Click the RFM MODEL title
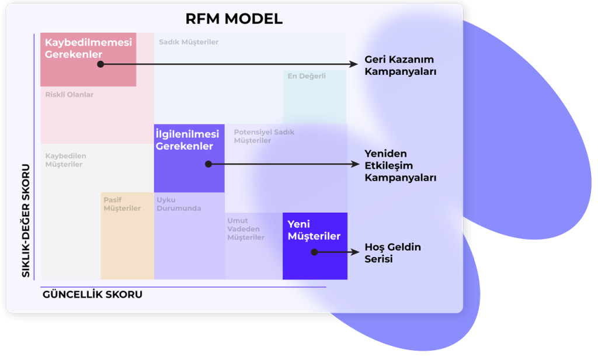click(234, 19)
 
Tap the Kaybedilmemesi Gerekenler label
click(88, 49)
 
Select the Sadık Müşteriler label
click(189, 42)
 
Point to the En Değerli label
click(306, 76)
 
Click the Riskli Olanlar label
click(69, 95)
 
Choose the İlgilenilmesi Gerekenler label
click(187, 140)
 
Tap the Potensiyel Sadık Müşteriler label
click(264, 136)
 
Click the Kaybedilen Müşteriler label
click(65, 160)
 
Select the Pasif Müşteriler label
click(122, 204)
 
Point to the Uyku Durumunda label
click(179, 204)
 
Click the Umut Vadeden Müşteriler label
click(246, 229)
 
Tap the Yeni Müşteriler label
click(314, 230)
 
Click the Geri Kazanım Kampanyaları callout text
click(400, 65)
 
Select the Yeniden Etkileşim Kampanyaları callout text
click(400, 165)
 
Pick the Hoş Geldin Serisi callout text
click(392, 253)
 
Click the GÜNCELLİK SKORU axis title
click(92, 295)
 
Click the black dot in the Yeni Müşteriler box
click(314, 252)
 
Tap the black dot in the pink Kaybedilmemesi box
click(100, 64)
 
